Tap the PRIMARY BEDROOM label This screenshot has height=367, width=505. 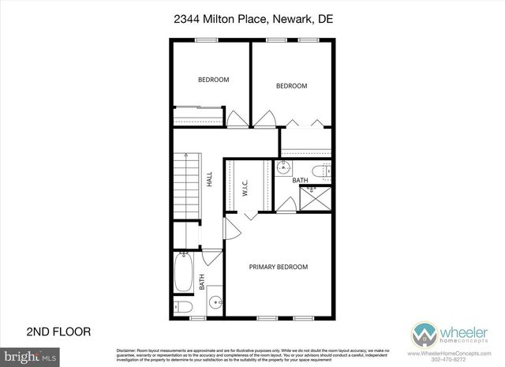pos(278,267)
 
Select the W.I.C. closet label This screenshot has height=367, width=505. pos(245,188)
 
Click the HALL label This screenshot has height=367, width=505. pos(210,179)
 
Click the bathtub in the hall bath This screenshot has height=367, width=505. pos(182,272)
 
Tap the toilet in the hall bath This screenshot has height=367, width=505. pos(181,306)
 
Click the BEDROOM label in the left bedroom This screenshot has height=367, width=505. pos(213,79)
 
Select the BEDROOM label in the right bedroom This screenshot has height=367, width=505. pos(291,86)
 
